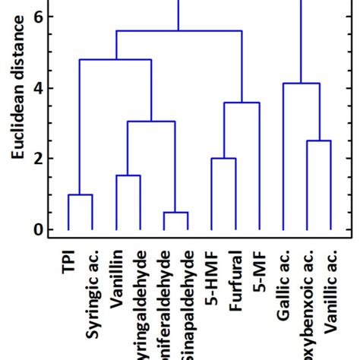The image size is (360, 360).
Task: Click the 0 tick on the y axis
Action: point(38,229)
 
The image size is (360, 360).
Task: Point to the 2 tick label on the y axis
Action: point(38,159)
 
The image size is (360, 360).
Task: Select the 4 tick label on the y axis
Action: point(38,88)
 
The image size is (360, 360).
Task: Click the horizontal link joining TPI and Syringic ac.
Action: point(81,195)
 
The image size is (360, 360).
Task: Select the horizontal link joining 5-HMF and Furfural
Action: point(223,159)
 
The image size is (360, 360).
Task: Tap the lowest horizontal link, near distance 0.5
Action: point(175,213)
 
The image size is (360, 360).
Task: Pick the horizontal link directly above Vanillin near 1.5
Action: point(128,176)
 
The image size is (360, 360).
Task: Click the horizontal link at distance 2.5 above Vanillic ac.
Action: point(318,141)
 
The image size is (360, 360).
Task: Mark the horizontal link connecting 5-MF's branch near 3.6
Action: point(242,103)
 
